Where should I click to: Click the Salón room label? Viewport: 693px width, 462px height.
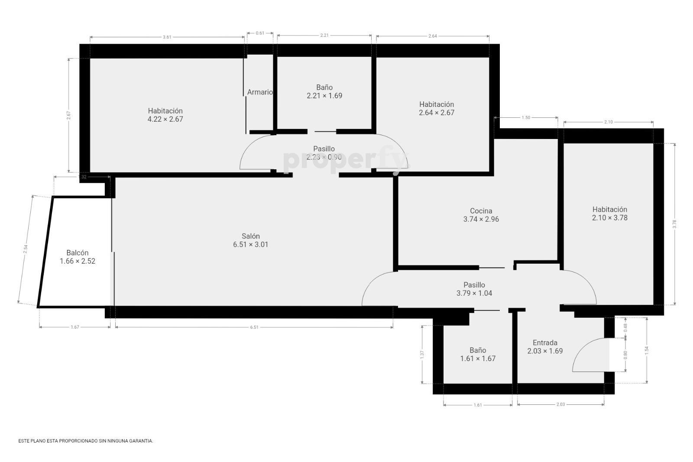point(251,236)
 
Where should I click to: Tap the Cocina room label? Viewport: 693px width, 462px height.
point(481,211)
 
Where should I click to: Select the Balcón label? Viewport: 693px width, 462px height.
point(78,253)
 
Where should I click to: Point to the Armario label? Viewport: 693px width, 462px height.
point(260,92)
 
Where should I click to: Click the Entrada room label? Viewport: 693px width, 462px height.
point(545,342)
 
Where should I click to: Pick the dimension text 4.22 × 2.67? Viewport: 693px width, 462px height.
point(165,119)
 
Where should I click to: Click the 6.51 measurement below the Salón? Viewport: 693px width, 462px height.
point(254,327)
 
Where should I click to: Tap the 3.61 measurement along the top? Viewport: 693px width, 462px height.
point(167,37)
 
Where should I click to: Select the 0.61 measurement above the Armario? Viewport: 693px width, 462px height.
point(260,33)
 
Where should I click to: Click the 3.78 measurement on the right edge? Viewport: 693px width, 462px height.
point(674,224)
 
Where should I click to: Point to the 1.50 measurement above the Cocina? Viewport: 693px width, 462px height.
point(526,117)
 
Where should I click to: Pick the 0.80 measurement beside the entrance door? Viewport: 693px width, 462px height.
point(625,355)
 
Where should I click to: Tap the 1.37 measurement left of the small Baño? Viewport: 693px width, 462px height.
point(422,355)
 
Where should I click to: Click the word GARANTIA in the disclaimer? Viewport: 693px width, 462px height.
point(142,441)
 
